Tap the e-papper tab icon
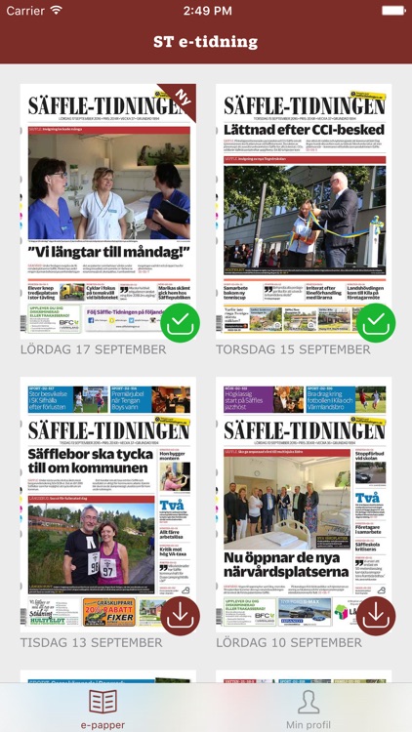[x=103, y=703]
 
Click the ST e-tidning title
[x=206, y=42]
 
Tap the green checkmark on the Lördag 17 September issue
[x=180, y=323]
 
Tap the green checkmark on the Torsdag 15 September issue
[x=376, y=323]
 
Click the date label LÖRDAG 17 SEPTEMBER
[x=94, y=349]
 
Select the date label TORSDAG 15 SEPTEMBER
[x=293, y=349]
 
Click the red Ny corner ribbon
[x=181, y=98]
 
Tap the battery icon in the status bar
[x=392, y=10]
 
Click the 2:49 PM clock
[x=206, y=10]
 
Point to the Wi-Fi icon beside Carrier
[x=56, y=10]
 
